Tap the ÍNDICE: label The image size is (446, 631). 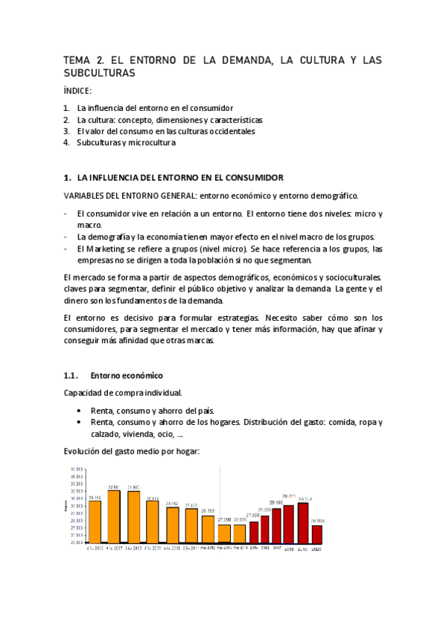77,91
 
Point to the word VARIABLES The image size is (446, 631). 87,196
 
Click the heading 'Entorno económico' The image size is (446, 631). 127,375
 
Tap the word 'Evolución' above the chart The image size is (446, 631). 83,451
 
